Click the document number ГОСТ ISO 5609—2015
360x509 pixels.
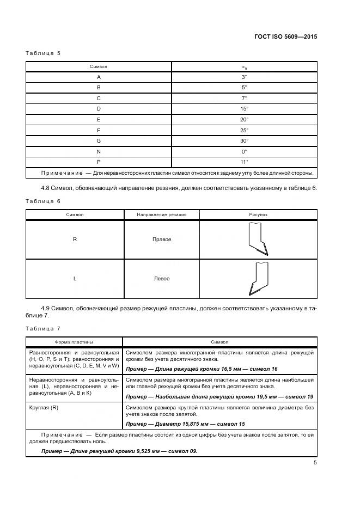point(285,37)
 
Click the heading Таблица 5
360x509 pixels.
point(43,53)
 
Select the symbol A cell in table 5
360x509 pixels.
point(99,77)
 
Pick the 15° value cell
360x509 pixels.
point(244,109)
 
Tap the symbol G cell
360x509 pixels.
point(99,140)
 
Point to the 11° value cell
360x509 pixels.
point(244,162)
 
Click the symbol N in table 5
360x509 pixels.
point(99,151)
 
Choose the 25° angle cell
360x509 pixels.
point(244,130)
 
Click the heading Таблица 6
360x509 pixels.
point(43,201)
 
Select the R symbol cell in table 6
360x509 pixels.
point(75,240)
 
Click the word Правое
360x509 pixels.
point(162,240)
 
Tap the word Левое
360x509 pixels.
point(162,279)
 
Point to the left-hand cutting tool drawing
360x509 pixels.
point(257,279)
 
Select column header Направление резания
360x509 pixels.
point(162,215)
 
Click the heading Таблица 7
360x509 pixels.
point(43,328)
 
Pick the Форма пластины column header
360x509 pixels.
point(74,342)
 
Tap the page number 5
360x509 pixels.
point(315,463)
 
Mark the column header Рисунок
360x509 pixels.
point(258,215)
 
